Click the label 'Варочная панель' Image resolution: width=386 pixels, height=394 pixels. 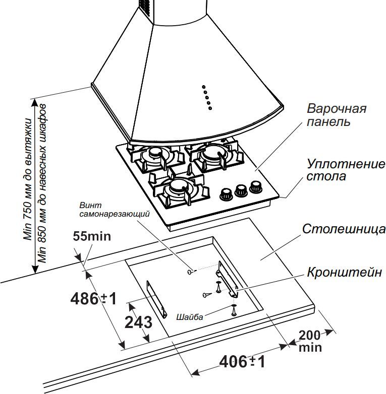(336, 115)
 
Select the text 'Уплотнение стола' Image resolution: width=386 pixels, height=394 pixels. (346, 170)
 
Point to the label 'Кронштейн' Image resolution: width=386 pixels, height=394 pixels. (345, 273)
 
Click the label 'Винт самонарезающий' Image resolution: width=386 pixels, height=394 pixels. (115, 210)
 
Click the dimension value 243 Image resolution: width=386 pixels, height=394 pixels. (137, 322)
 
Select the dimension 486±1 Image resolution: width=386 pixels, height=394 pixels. (93, 298)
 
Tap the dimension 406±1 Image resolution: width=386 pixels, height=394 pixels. (242, 361)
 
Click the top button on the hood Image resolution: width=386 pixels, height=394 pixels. (204, 86)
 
